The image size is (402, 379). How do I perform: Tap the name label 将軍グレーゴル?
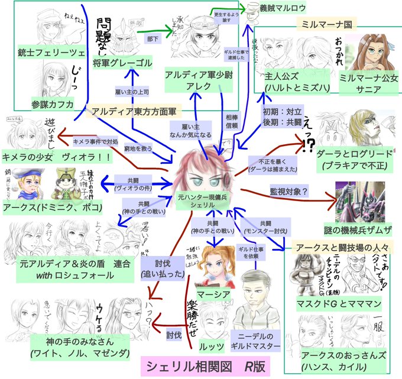122,62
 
